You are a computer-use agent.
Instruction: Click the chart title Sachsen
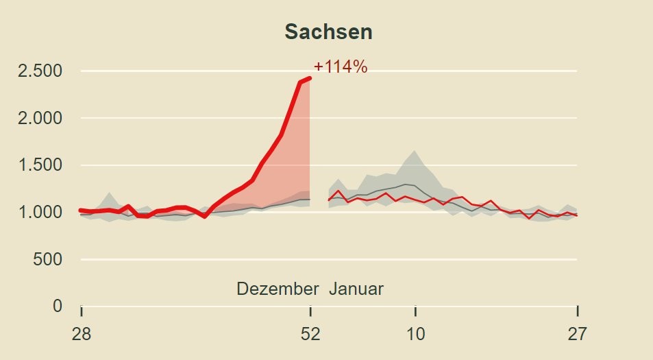(x=328, y=32)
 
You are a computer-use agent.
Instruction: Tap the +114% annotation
(x=341, y=67)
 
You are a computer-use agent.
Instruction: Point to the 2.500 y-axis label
(x=40, y=71)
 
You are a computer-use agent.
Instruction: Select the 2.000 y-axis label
(x=40, y=118)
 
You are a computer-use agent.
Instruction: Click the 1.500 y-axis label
(x=40, y=165)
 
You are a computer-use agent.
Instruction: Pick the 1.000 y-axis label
(x=40, y=213)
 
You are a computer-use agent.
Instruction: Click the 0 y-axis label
(x=58, y=306)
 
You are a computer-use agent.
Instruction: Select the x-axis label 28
(x=82, y=334)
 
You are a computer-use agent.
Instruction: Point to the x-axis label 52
(x=310, y=334)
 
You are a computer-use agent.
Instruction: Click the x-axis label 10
(x=415, y=334)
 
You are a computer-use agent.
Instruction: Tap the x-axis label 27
(x=577, y=334)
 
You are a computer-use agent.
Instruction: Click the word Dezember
(x=278, y=289)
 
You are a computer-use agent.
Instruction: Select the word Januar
(x=356, y=289)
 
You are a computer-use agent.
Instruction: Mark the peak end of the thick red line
(x=310, y=78)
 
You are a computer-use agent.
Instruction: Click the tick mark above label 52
(x=310, y=311)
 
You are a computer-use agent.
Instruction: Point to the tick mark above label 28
(x=82, y=311)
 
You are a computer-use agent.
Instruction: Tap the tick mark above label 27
(x=577, y=311)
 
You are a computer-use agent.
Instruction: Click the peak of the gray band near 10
(x=414, y=152)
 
